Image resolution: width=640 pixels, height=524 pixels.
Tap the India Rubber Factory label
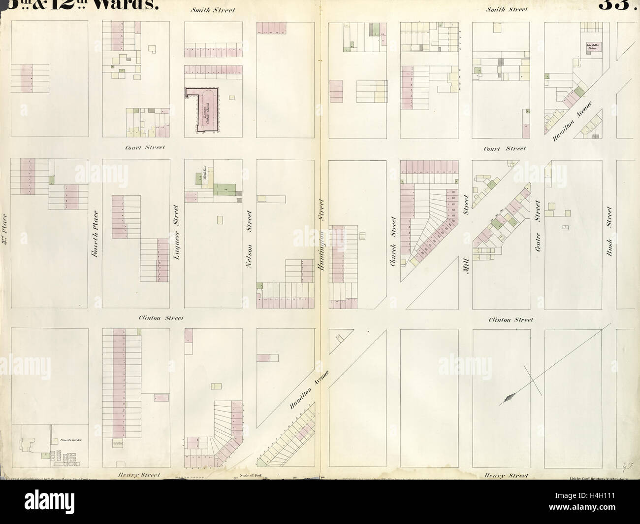click(x=590, y=48)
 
